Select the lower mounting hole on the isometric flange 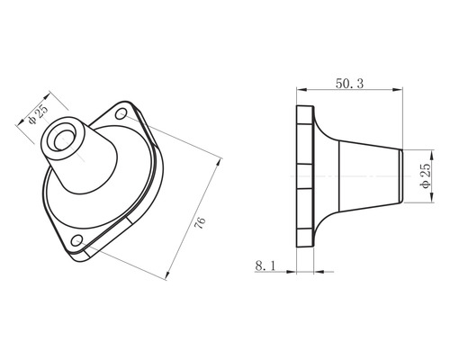[x=79, y=240]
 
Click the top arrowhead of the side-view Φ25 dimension [x=418, y=150]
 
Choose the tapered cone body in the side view [x=360, y=175]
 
